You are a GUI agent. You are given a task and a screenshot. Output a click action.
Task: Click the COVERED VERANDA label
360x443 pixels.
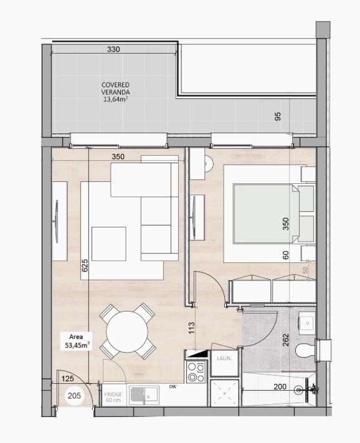click(115, 88)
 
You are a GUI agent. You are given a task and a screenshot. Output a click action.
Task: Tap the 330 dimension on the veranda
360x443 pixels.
click(113, 49)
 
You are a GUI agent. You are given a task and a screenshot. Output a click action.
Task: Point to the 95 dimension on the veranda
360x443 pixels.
click(278, 117)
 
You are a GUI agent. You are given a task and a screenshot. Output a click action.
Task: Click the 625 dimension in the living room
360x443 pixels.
click(85, 265)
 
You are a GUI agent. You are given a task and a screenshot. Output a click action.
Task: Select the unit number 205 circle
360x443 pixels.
click(74, 396)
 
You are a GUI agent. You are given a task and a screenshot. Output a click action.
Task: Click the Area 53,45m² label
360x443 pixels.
click(77, 341)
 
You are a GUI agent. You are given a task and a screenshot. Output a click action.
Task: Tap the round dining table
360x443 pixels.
click(127, 331)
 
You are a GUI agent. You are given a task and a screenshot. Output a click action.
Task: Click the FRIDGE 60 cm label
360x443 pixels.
click(113, 397)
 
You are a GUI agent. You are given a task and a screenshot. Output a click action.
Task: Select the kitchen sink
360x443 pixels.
click(144, 395)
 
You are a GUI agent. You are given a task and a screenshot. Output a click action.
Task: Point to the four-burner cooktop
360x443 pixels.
click(196, 372)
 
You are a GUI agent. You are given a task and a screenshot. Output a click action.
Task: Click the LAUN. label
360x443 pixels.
click(224, 358)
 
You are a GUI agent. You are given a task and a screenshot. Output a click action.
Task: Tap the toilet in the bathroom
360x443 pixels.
click(305, 350)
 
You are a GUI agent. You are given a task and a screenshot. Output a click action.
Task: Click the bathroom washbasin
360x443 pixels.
click(307, 322)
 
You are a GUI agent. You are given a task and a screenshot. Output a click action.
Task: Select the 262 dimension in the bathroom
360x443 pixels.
click(285, 340)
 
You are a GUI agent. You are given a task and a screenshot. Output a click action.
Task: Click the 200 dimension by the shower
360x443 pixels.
click(280, 386)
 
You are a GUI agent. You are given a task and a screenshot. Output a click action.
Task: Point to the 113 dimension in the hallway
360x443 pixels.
click(191, 328)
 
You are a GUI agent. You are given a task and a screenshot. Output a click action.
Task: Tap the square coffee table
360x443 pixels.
click(109, 244)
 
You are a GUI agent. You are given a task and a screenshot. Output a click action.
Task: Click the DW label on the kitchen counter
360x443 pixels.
click(173, 386)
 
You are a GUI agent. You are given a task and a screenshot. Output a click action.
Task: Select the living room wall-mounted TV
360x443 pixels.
click(57, 221)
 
